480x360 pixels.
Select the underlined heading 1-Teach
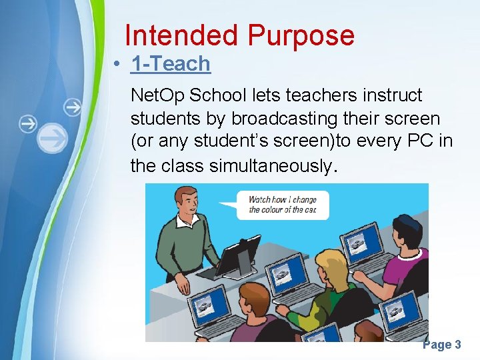171,64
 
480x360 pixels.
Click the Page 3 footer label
441,345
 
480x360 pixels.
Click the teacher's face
190,203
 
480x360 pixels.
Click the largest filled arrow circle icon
51,138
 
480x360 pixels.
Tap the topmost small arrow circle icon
72,107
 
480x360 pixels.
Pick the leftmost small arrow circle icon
28,123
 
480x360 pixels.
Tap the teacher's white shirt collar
193,223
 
